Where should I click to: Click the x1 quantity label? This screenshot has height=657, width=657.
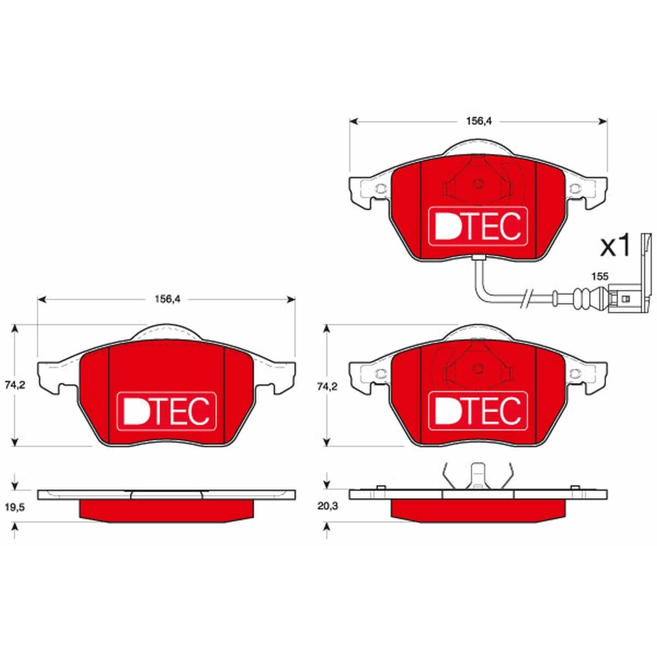point(615,246)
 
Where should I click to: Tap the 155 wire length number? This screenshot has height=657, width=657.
point(600,276)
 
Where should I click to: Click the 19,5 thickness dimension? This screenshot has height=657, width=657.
point(15,507)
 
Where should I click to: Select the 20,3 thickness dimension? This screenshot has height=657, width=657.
point(327,506)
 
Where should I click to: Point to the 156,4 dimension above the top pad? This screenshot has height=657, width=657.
point(479,121)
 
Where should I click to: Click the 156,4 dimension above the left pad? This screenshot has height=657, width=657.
point(168,299)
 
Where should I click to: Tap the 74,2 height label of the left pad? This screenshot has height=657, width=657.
point(15,385)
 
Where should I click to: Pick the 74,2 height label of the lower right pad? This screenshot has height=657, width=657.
point(327,387)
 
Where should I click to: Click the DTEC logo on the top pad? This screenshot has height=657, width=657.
point(478,226)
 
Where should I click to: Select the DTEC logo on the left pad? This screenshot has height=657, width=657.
point(167,412)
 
